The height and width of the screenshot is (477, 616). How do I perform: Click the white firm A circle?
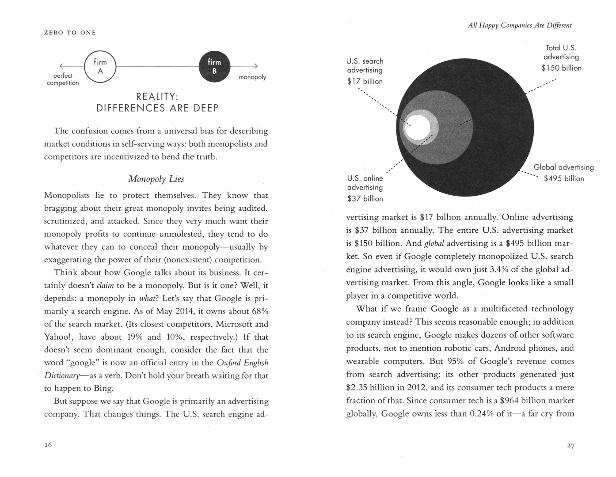[x=100, y=67]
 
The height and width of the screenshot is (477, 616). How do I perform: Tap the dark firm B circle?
[x=214, y=67]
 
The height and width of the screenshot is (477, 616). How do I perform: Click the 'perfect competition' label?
[x=63, y=79]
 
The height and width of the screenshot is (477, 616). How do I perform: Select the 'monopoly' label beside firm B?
[x=252, y=77]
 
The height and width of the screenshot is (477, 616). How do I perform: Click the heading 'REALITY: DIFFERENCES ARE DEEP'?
[x=157, y=102]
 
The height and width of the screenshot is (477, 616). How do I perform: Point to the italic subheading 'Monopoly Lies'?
[x=156, y=179]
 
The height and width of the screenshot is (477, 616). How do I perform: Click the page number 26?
[x=48, y=445]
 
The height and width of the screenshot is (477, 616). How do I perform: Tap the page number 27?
[x=570, y=446]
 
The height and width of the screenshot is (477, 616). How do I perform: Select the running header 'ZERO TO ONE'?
[x=70, y=33]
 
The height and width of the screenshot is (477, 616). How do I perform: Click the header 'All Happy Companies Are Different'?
[x=520, y=26]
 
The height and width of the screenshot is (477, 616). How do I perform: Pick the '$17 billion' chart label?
[x=365, y=81]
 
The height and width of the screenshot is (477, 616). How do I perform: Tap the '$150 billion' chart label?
[x=562, y=68]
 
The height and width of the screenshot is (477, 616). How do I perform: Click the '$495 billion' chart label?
[x=564, y=178]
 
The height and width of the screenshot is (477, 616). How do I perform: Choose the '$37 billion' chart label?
[x=365, y=199]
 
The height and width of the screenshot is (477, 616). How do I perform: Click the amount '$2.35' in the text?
[x=357, y=388]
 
